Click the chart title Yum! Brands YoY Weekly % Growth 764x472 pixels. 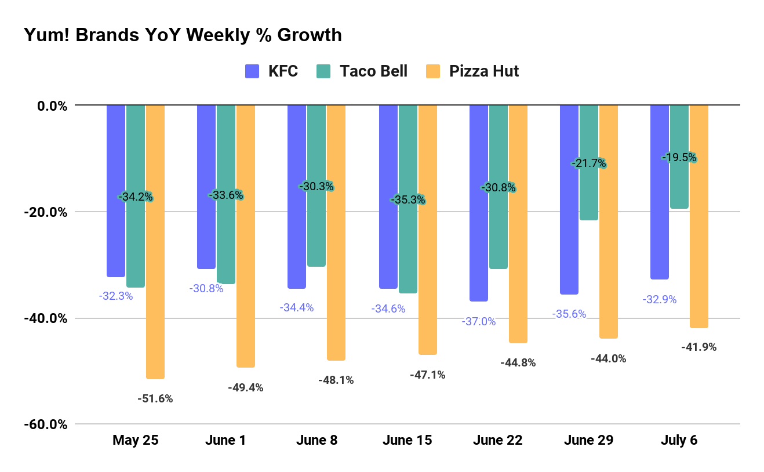[x=183, y=35]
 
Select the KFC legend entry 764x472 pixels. [x=272, y=71]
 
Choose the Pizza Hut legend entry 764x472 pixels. [x=472, y=71]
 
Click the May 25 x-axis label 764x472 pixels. [x=135, y=440]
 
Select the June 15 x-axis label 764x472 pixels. [x=407, y=440]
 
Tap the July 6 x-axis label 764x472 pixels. [x=679, y=440]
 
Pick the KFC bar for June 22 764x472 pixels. [x=479, y=203]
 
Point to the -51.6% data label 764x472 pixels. [x=155, y=399]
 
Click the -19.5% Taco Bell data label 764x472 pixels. [x=679, y=158]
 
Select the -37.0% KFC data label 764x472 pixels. [x=479, y=321]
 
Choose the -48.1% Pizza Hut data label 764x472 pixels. [x=336, y=380]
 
